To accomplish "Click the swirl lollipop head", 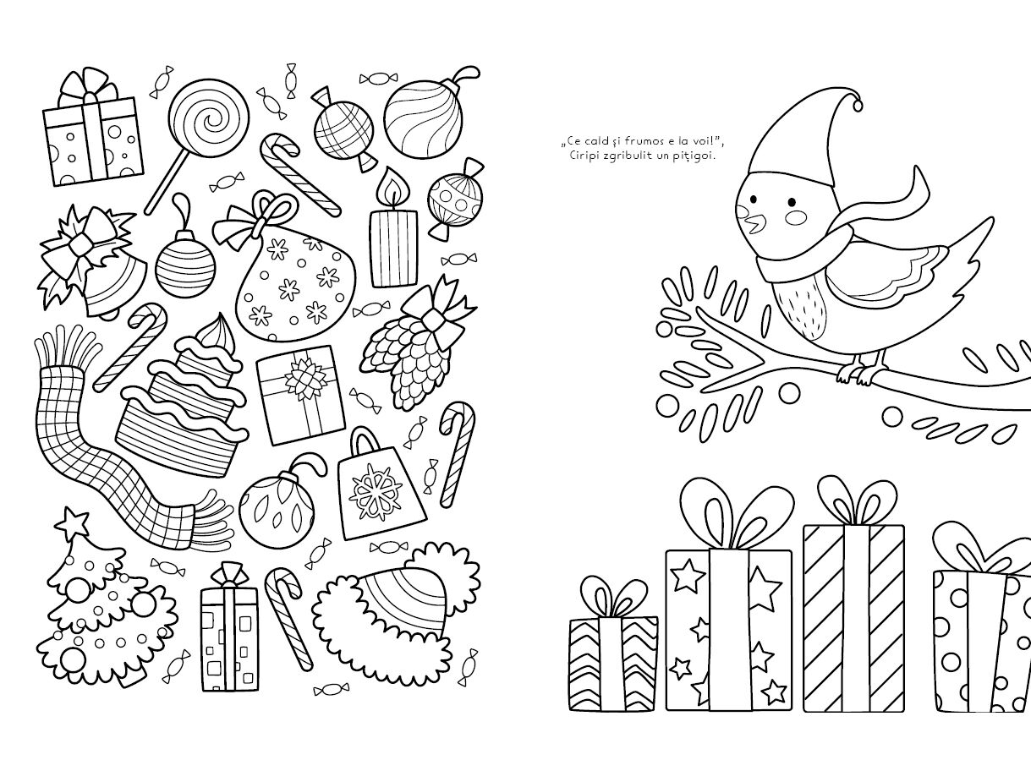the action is click(209, 118).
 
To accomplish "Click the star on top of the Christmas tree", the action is click(72, 522).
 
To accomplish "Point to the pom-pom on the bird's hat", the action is click(858, 106).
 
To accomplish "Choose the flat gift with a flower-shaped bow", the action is click(300, 395).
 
